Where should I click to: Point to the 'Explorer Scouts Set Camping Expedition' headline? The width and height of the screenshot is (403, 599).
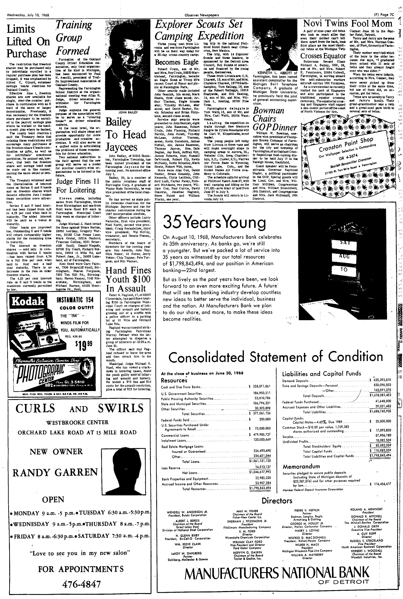click(x=200, y=30)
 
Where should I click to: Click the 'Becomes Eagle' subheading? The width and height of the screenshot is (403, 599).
click(x=176, y=62)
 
